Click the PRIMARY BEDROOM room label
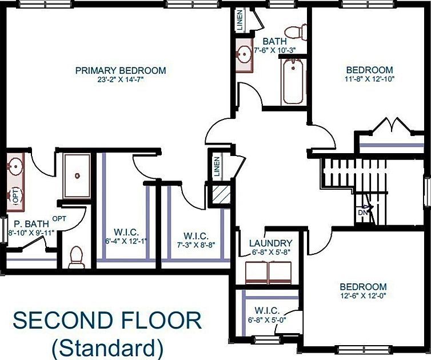coord(121,70)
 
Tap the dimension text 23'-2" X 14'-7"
coord(121,80)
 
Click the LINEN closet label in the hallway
coord(217,166)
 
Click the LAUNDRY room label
coord(272,242)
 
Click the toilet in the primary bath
coord(77,258)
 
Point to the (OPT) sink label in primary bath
coord(15,196)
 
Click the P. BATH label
coord(26,223)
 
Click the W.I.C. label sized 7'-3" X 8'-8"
coord(195,235)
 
